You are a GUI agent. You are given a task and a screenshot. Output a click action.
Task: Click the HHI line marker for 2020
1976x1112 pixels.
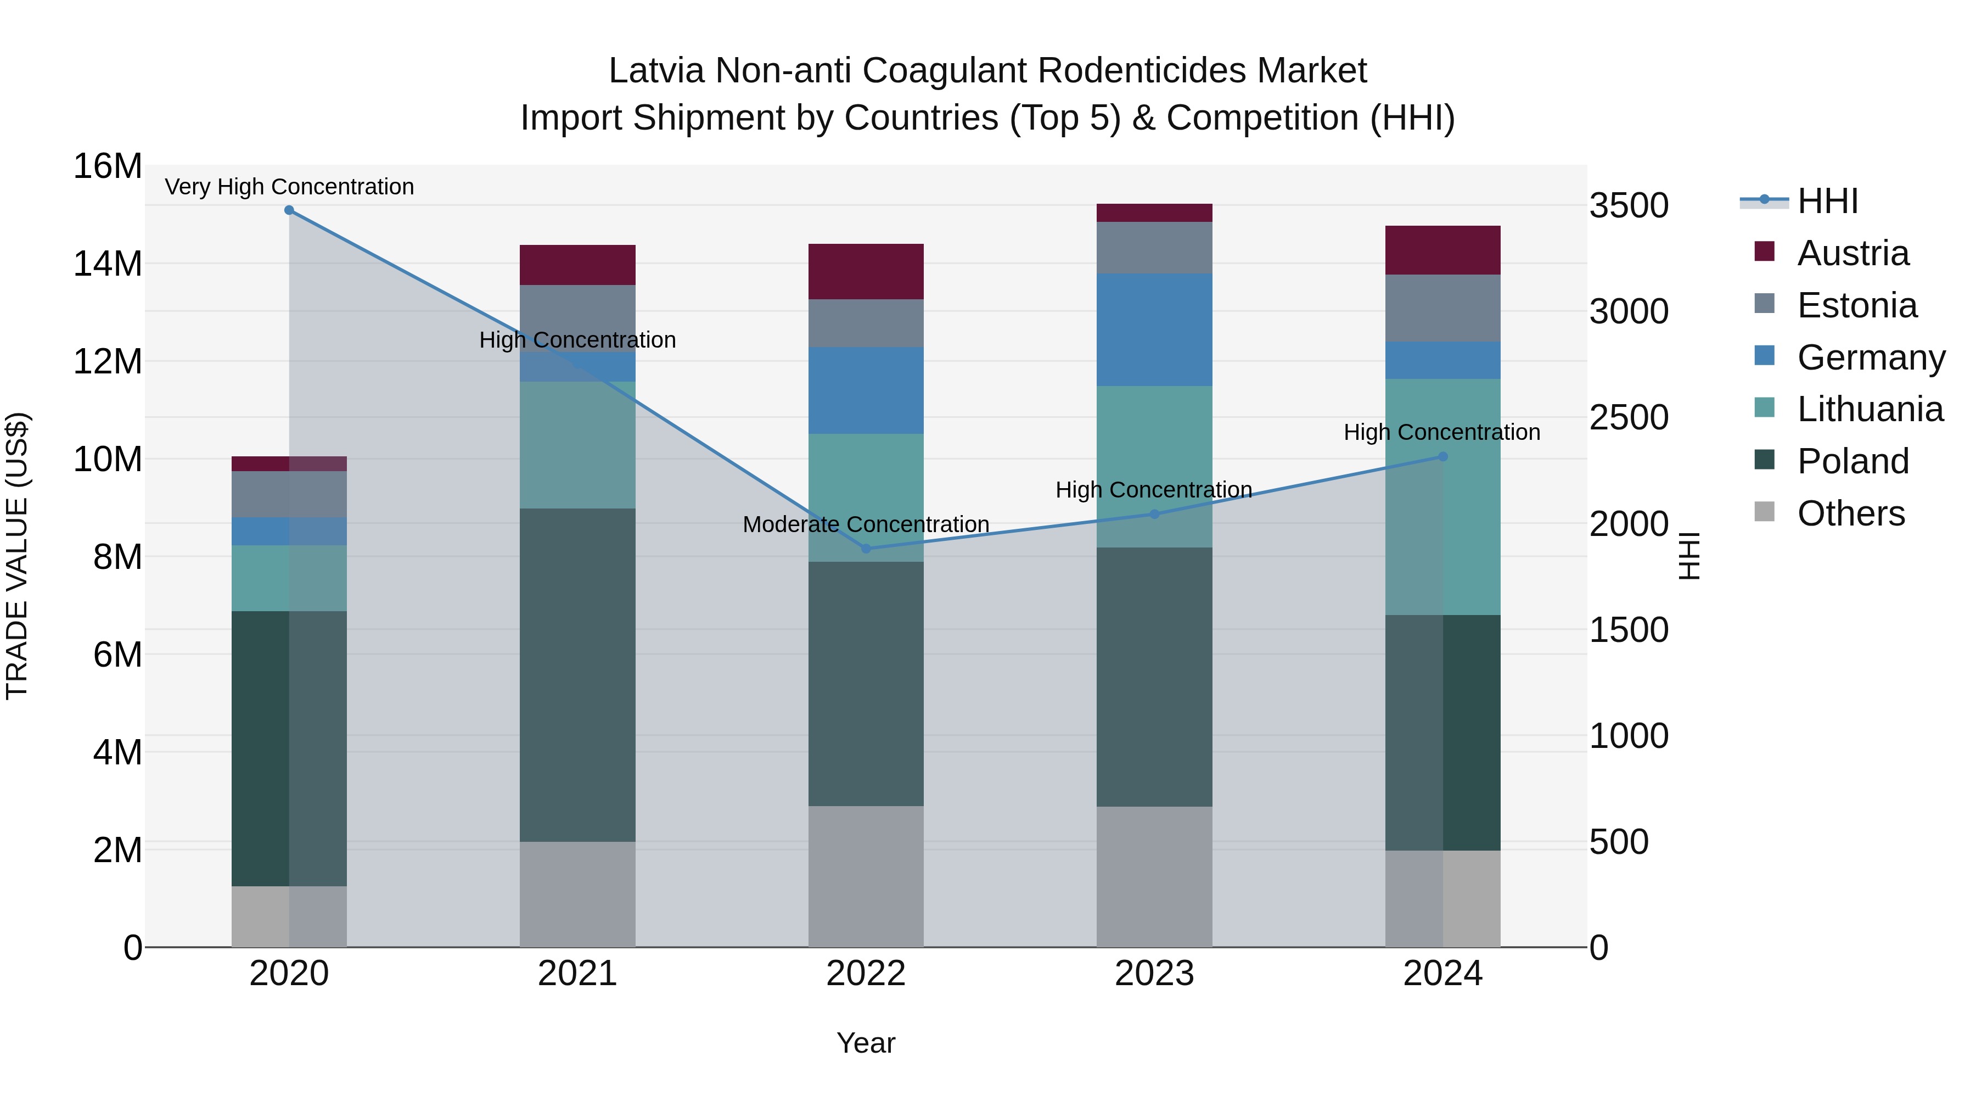click(x=289, y=210)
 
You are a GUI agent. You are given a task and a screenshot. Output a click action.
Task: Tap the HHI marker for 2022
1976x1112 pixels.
click(x=866, y=549)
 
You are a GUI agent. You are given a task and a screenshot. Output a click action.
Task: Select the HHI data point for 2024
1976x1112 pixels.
click(x=1442, y=457)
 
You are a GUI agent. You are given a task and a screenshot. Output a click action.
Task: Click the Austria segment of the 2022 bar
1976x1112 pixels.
click(x=866, y=272)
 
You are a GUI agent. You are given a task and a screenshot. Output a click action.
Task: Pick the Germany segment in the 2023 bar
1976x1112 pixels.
click(x=1154, y=330)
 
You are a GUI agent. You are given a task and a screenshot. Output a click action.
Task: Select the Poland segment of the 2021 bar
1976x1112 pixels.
click(x=577, y=675)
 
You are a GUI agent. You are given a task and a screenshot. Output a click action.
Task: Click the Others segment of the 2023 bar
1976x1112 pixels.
click(x=1154, y=876)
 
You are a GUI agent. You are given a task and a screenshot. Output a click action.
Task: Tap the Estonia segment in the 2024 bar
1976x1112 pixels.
click(x=1442, y=309)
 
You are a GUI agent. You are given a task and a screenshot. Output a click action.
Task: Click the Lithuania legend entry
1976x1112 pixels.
click(x=1870, y=409)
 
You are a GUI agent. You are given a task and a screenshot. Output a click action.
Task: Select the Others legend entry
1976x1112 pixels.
click(x=1850, y=513)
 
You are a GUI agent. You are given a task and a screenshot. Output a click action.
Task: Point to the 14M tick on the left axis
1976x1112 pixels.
click(x=108, y=264)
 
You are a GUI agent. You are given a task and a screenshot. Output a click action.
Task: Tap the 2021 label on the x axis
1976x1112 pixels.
click(x=577, y=974)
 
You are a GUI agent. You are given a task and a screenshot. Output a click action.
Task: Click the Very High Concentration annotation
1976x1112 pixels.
click(x=289, y=187)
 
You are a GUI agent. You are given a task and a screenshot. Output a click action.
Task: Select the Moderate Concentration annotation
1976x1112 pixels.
click(x=866, y=524)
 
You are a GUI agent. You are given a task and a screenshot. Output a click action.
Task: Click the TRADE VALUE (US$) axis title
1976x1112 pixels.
click(x=17, y=556)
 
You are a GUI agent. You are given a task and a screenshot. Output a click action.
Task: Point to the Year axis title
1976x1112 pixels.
click(x=866, y=1043)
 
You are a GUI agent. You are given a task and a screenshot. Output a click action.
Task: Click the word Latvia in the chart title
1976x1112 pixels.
click(x=656, y=71)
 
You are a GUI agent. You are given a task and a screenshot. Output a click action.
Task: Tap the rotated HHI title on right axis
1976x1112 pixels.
click(x=1690, y=556)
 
